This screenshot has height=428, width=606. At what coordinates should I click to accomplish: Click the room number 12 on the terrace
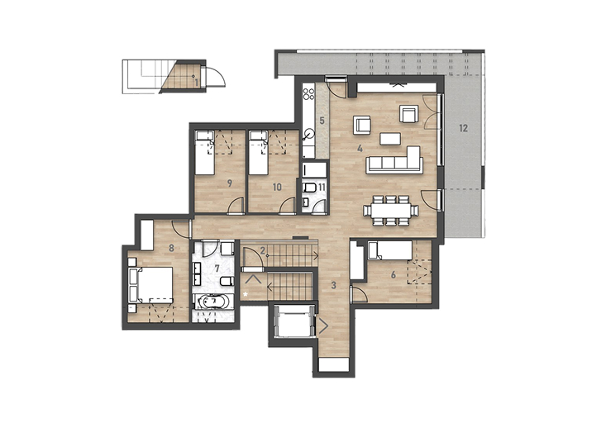464,128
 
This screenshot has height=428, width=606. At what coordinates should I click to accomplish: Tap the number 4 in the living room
360,149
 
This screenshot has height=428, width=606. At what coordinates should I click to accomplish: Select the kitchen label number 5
322,121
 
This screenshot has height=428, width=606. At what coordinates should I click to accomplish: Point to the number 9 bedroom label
230,183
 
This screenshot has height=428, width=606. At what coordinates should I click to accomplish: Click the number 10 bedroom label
277,188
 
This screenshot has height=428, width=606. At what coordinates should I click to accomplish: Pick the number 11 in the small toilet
322,188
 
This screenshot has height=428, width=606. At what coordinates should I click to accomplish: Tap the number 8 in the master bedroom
172,248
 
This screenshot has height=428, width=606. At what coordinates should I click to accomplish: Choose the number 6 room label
394,274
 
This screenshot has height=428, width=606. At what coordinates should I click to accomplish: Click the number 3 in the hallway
334,286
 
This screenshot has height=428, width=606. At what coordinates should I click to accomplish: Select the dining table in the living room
391,211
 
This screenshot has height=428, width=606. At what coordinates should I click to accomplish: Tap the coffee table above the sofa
390,139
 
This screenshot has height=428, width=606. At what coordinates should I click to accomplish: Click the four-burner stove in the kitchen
309,94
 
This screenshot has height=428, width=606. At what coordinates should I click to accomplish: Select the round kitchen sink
309,134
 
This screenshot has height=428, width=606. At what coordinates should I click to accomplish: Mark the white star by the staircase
245,295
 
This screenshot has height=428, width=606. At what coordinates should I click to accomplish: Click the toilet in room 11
309,188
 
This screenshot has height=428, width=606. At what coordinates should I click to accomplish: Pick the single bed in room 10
259,153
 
